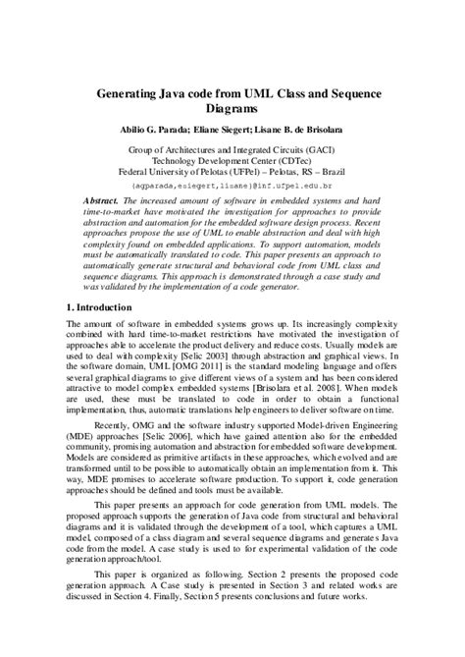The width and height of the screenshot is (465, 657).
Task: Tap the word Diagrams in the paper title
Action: click(232, 108)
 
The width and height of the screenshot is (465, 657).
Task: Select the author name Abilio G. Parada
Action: click(162, 130)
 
